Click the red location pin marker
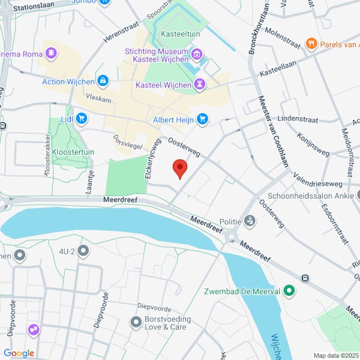(x=179, y=169)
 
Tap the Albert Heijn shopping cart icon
(x=202, y=119)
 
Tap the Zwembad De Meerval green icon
(x=289, y=292)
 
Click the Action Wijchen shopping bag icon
(x=103, y=81)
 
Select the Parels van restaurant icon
(x=311, y=43)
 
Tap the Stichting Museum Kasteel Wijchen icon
(x=197, y=56)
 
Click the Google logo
(x=19, y=353)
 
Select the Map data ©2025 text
(x=334, y=355)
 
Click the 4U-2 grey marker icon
(x=83, y=250)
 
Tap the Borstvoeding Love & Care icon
(x=136, y=322)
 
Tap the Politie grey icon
(x=250, y=221)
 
